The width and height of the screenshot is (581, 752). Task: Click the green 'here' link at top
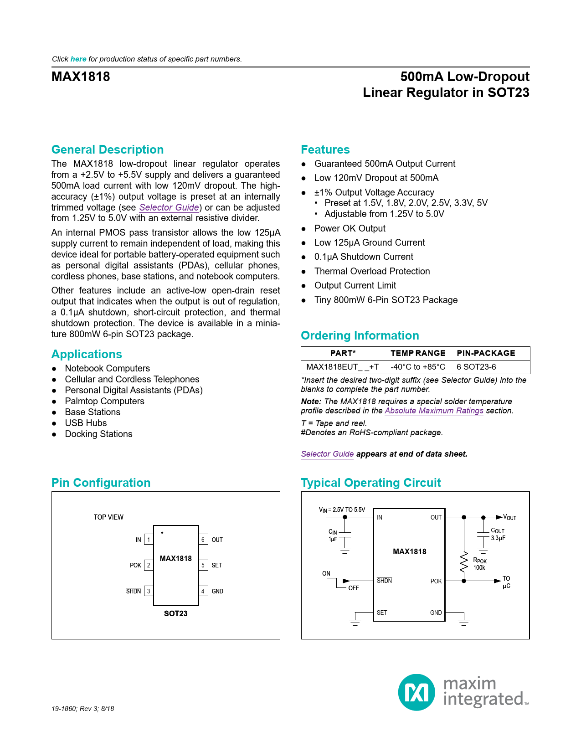(78, 59)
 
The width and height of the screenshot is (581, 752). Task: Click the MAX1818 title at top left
(81, 77)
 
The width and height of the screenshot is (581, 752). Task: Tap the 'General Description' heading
(108, 149)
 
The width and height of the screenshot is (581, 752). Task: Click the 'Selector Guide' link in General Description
(169, 207)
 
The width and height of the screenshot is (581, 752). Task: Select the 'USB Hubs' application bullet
(86, 423)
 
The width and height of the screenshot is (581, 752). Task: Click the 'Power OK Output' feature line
(350, 228)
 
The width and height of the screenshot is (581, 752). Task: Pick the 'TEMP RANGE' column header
(418, 353)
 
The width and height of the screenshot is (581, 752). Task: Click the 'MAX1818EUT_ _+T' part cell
(342, 367)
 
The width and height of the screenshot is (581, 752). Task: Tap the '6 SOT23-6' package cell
(476, 367)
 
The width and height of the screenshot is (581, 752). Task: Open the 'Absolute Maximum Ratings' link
(434, 411)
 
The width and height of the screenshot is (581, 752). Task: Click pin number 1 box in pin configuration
(149, 540)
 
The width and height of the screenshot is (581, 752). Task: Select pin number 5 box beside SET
(203, 565)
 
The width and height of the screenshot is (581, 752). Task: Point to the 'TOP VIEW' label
(108, 517)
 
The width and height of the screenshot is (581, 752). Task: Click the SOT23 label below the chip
(175, 613)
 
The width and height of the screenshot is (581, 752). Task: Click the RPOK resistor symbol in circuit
(464, 562)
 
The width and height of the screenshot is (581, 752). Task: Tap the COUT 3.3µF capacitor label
(498, 534)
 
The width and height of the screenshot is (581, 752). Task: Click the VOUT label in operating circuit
(509, 517)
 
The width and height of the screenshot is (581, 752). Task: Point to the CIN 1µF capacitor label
(333, 536)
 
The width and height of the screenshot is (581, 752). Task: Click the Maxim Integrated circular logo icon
(416, 692)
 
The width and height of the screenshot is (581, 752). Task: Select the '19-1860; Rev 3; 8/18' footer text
(83, 709)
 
